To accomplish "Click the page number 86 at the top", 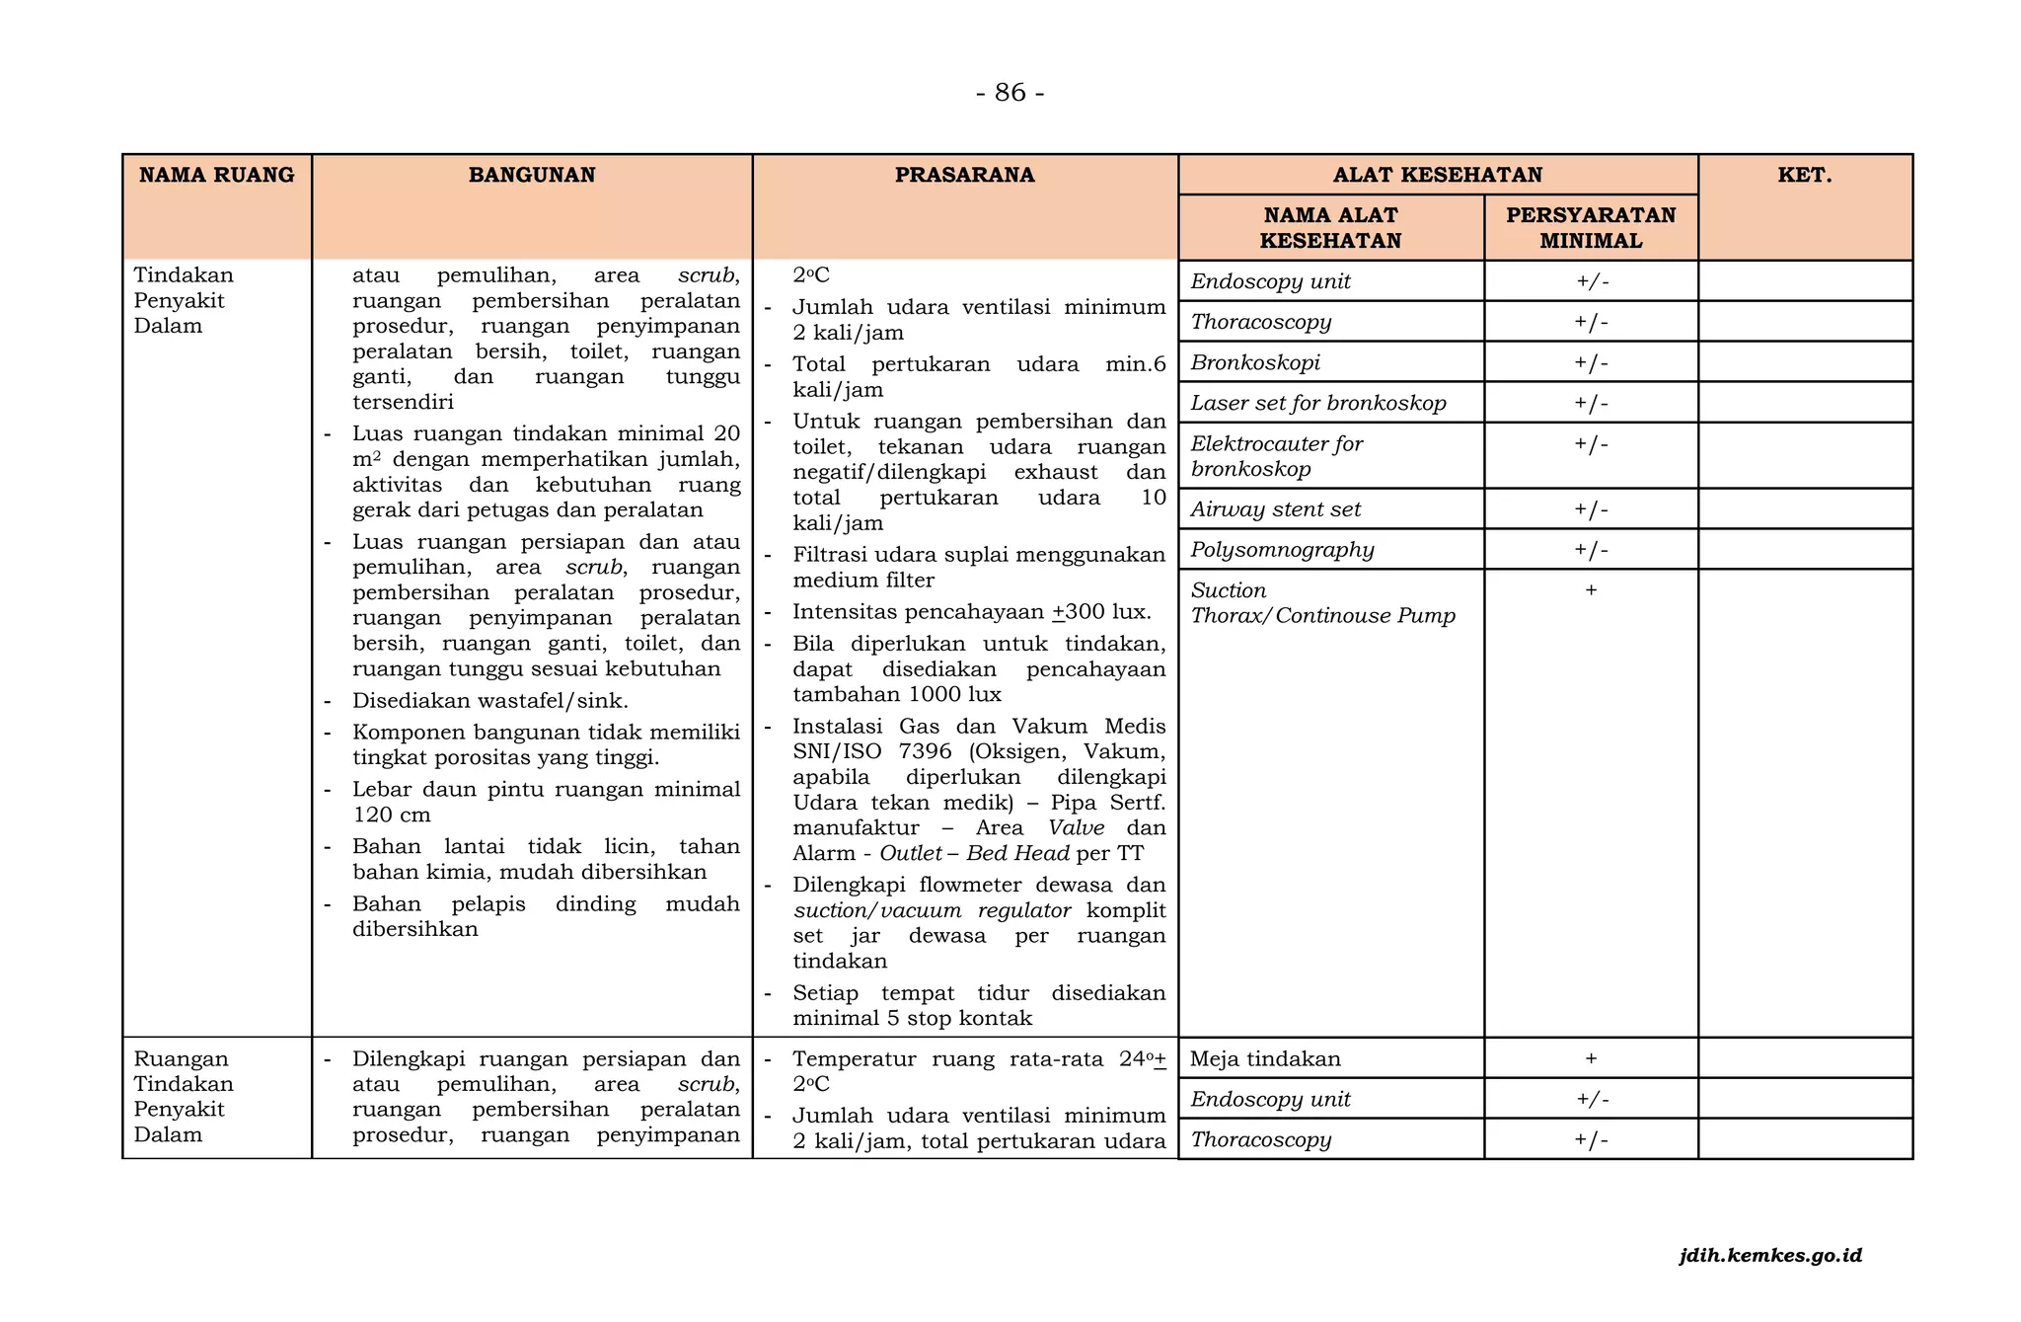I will point(1010,92).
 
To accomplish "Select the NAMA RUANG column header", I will point(216,175).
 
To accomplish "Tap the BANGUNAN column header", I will point(532,175).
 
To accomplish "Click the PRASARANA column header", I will point(964,175).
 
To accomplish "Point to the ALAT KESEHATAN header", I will point(1437,175).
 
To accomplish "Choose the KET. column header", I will point(1804,175).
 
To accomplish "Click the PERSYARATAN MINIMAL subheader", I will point(1590,228).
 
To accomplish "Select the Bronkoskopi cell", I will point(1255,362).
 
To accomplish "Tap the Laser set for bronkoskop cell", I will point(1317,403).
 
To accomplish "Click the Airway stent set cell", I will point(1275,509).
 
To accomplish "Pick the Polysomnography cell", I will point(1282,550).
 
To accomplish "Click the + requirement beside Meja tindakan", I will point(1591,1058).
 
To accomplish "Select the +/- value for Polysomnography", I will point(1591,550).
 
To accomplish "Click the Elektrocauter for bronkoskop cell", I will point(1276,456).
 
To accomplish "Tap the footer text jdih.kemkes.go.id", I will point(1770,1256).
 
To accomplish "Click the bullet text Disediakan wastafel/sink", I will point(489,701).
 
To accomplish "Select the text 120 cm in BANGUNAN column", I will point(392,815).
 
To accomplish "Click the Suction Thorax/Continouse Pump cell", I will point(1322,603).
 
